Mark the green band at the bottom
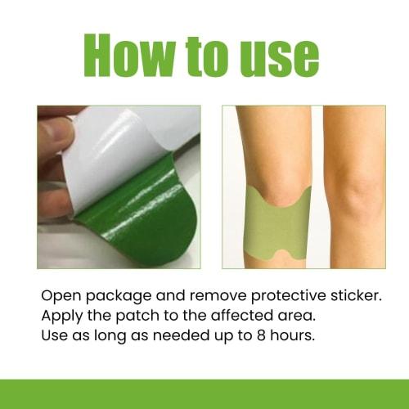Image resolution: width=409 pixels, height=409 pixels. point(204,393)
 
